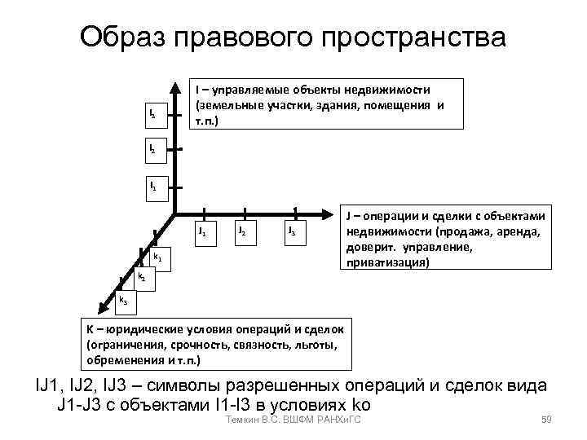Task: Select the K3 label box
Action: [124, 301]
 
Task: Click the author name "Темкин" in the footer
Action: [241, 420]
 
